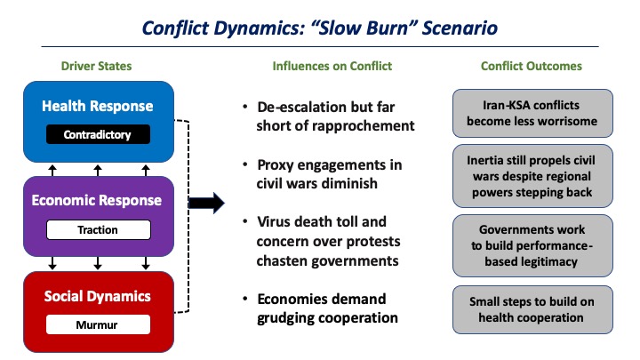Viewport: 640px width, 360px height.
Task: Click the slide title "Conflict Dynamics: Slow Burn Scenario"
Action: click(x=320, y=27)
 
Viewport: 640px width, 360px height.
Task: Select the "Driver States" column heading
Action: click(x=98, y=66)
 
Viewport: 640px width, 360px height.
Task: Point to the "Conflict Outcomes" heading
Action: click(x=531, y=66)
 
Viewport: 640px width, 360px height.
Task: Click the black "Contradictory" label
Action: click(x=99, y=135)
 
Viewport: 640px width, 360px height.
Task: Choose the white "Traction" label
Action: click(x=99, y=228)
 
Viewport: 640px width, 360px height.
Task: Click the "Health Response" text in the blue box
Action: click(x=99, y=106)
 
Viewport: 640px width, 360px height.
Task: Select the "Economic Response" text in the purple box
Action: click(x=99, y=200)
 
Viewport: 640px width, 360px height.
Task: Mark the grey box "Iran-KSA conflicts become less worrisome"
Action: click(x=532, y=113)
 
